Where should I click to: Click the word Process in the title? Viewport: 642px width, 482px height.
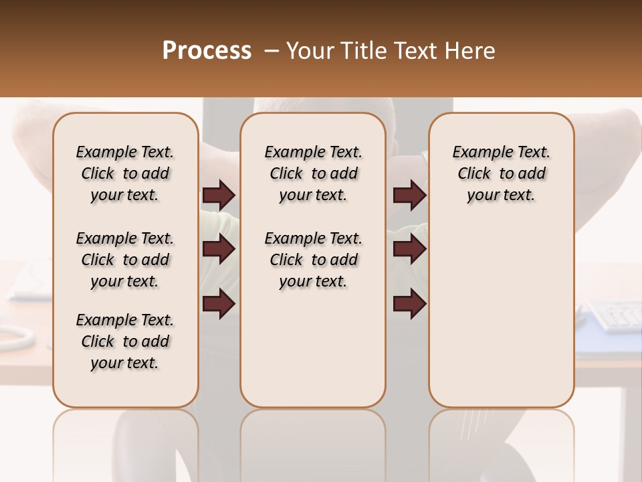tap(207, 51)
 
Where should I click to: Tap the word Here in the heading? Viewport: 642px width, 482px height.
tap(471, 51)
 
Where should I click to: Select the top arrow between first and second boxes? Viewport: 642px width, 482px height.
tap(219, 195)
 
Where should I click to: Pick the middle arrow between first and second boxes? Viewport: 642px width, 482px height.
tap(219, 250)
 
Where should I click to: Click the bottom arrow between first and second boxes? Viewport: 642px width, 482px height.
tap(219, 304)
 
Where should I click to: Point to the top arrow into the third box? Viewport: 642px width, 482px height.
tap(409, 195)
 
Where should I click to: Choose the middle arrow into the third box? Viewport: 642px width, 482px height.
tap(409, 250)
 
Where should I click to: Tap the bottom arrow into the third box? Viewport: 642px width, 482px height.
tap(409, 304)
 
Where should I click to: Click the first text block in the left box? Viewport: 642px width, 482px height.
tap(125, 173)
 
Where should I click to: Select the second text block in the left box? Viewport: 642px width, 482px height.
tap(125, 260)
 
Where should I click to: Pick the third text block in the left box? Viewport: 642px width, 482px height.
tap(125, 341)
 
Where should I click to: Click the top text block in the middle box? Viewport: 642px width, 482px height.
tap(313, 173)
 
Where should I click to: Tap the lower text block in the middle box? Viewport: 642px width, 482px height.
tap(313, 260)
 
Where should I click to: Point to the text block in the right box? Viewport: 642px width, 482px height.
tap(501, 173)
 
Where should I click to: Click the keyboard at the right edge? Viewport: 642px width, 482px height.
tap(614, 317)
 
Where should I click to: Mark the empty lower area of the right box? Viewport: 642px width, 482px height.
tap(501, 315)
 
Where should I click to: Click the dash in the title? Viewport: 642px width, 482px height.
tap(271, 51)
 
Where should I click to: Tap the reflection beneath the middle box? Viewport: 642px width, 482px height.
tap(313, 435)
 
